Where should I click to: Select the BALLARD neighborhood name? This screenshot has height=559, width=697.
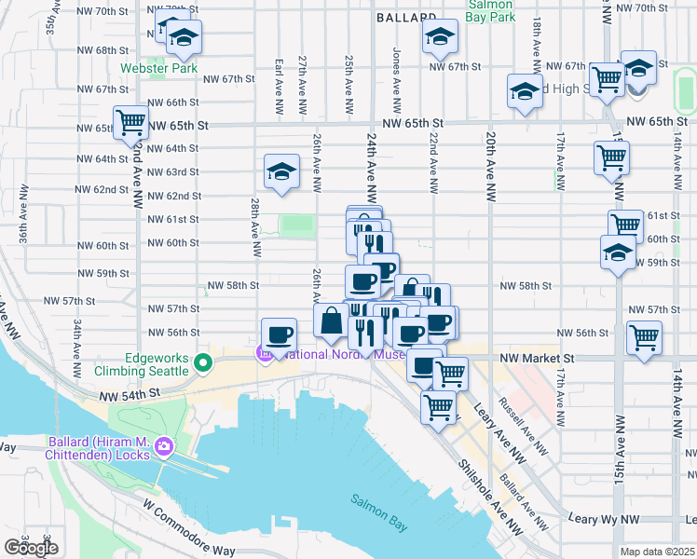[407, 18]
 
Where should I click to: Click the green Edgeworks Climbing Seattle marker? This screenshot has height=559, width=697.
[202, 361]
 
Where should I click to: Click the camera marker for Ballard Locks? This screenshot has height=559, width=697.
[165, 447]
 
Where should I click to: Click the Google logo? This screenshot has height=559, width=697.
[30, 547]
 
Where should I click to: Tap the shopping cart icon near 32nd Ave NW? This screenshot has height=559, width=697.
[130, 122]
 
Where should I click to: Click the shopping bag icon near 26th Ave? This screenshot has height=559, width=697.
[332, 320]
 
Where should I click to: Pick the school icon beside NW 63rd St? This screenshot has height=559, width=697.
[281, 171]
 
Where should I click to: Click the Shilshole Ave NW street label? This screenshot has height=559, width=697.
[490, 498]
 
